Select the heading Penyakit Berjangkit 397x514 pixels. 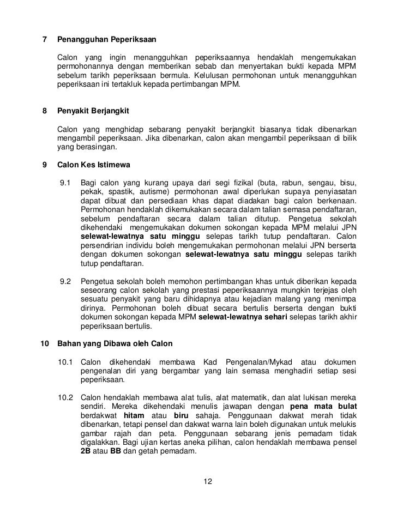[x=93, y=110]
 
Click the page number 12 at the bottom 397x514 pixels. [x=207, y=481]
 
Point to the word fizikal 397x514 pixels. [x=238, y=184]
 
